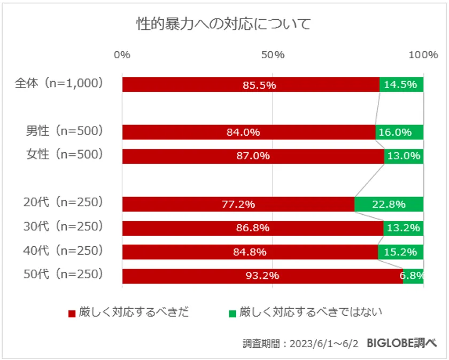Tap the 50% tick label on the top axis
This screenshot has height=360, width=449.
273,55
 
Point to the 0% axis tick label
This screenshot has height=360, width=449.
122,55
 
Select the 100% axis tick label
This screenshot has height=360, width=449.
423,55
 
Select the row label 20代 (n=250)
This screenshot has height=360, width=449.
63,203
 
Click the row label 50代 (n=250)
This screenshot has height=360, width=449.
63,275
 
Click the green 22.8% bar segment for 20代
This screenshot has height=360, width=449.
389,204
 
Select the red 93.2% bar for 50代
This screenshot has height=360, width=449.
262,276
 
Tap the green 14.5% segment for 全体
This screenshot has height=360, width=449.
401,84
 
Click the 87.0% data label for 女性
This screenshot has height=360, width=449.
253,156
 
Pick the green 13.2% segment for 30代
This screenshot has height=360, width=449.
404,228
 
